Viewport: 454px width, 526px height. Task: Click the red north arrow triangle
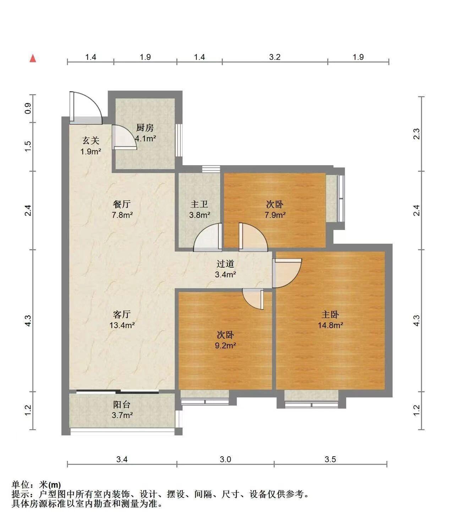33,59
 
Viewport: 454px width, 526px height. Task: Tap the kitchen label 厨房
145,128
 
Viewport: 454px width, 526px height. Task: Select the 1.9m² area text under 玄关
91,152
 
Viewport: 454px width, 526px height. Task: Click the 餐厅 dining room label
122,204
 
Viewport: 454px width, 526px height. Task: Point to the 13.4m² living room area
122,325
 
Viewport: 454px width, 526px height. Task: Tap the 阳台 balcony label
122,404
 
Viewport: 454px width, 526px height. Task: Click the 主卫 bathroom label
199,204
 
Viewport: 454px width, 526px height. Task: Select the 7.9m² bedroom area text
275,215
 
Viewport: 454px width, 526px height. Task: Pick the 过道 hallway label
225,264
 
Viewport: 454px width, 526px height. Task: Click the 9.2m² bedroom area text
225,345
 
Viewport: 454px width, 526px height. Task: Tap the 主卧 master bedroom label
330,315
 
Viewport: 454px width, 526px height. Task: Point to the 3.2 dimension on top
275,57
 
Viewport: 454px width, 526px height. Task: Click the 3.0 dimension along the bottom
225,459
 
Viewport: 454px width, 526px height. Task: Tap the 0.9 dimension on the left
28,108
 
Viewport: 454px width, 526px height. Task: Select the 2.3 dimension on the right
416,134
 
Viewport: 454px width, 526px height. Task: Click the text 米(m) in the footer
50,485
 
